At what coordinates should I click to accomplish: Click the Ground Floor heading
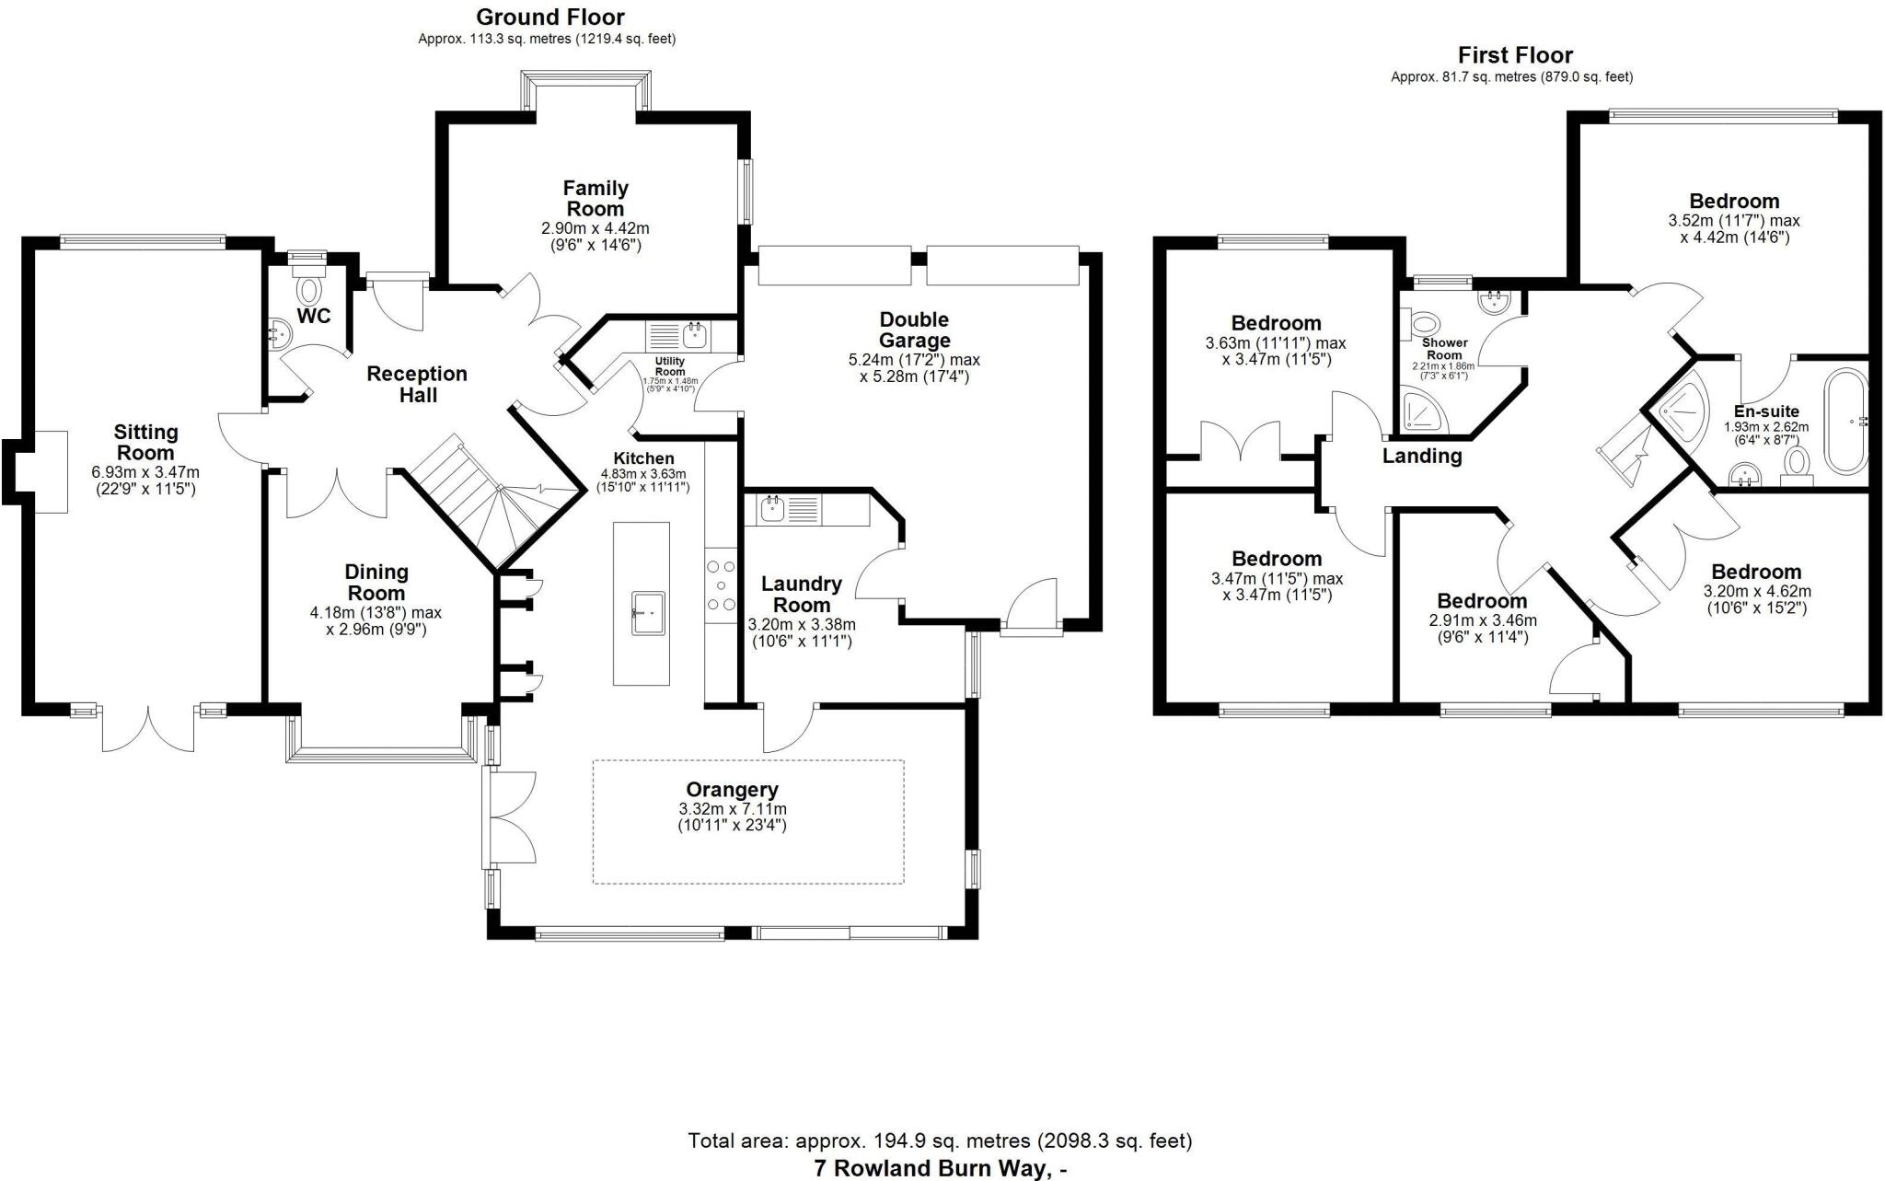pos(550,17)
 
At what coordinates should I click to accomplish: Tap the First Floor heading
pos(1515,55)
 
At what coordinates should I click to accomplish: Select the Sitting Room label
pos(145,443)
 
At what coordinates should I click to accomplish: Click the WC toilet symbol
pos(309,290)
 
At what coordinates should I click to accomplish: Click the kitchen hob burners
pos(721,585)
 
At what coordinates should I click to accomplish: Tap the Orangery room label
pos(732,790)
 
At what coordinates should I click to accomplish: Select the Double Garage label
pos(913,330)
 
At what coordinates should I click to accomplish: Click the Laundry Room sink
pos(771,507)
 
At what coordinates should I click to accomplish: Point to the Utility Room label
pos(669,366)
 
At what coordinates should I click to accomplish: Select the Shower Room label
pos(1444,349)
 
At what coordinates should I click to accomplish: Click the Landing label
pos(1422,456)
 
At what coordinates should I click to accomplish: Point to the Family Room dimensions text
pos(596,237)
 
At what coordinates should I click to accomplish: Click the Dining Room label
pos(376,583)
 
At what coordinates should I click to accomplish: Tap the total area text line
pos(940,1141)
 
